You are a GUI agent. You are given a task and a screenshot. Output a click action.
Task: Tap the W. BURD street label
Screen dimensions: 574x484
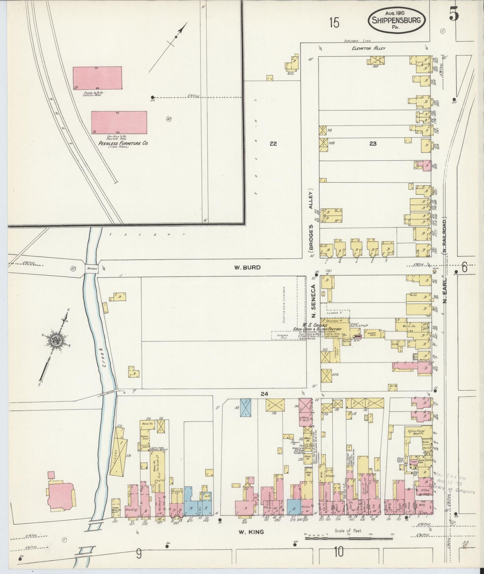[247, 268]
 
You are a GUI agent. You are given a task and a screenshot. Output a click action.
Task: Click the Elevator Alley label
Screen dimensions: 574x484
[368, 48]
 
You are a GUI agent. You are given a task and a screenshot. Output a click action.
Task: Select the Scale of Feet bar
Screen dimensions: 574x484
[348, 539]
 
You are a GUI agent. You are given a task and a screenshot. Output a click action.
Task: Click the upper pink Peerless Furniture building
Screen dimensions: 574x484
[97, 78]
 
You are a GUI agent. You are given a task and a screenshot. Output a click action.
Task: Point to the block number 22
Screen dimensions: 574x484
[273, 144]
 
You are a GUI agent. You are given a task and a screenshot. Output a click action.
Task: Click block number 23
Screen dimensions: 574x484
[373, 144]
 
